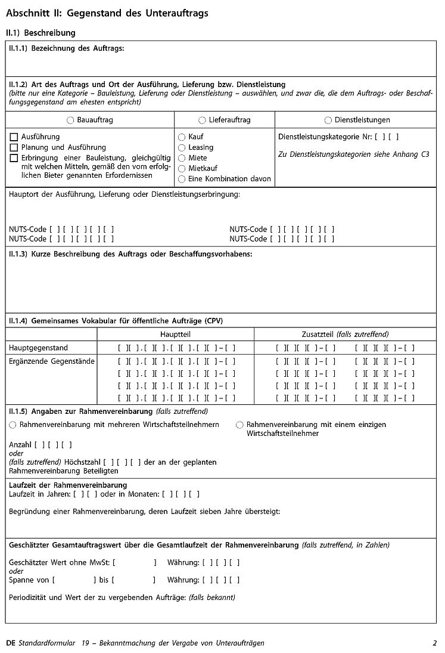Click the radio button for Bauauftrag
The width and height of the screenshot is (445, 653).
click(x=71, y=120)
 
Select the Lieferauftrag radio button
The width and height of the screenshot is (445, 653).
click(x=202, y=120)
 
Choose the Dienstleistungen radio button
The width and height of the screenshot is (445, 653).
click(x=328, y=120)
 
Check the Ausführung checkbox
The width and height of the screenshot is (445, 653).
click(x=14, y=137)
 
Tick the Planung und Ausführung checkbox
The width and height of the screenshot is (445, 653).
click(x=14, y=147)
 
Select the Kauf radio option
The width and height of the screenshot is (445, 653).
click(x=182, y=137)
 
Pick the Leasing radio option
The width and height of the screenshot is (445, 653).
click(x=182, y=147)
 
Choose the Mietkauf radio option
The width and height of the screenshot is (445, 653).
click(x=182, y=169)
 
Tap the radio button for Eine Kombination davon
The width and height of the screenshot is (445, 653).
click(x=182, y=179)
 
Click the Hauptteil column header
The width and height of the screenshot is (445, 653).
click(x=175, y=335)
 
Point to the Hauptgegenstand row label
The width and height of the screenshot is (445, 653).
click(x=38, y=348)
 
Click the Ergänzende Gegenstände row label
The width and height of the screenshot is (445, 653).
click(x=52, y=361)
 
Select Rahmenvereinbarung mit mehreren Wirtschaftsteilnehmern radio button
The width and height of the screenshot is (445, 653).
click(x=13, y=425)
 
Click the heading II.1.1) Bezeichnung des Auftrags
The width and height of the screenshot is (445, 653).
click(x=67, y=48)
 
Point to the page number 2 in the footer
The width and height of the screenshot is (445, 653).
click(x=435, y=643)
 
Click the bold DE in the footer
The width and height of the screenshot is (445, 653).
click(x=10, y=643)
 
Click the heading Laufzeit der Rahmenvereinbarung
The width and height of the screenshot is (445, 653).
click(x=68, y=485)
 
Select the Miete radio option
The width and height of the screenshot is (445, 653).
click(x=182, y=158)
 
